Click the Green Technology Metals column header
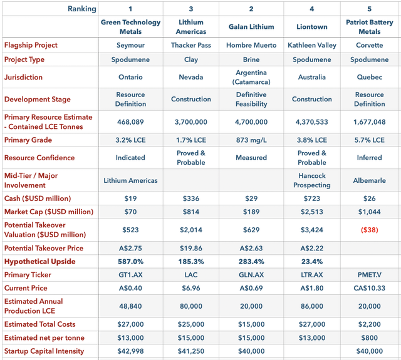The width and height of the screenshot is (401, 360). tap(130, 27)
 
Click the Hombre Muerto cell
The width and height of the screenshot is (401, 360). tap(251, 45)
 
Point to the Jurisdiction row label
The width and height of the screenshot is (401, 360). tap(24, 78)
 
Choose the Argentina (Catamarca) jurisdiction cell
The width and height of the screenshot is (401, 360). tap(251, 78)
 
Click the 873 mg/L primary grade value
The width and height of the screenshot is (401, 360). tap(251, 140)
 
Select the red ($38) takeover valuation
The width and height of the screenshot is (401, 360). tap(369, 229)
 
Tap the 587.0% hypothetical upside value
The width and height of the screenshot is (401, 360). tap(130, 261)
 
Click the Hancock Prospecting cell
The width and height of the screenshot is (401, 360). tap(311, 180)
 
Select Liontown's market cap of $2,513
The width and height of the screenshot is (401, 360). tap(311, 212)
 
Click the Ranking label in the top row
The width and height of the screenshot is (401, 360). tap(82, 9)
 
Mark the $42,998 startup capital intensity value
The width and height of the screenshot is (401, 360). tap(130, 351)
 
